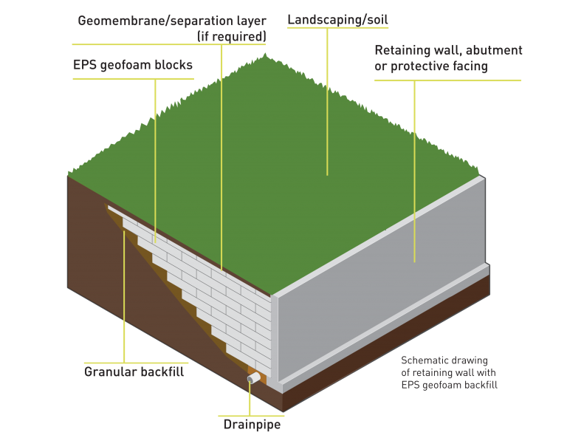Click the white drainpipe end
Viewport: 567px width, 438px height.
point(252,377)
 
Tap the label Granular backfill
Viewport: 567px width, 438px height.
point(134,372)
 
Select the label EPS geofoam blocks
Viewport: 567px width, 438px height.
point(133,65)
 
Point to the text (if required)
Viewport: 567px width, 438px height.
point(232,34)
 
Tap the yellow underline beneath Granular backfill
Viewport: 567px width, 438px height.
point(134,362)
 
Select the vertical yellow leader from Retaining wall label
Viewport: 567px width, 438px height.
point(414,170)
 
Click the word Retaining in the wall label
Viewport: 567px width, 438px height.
point(403,51)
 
